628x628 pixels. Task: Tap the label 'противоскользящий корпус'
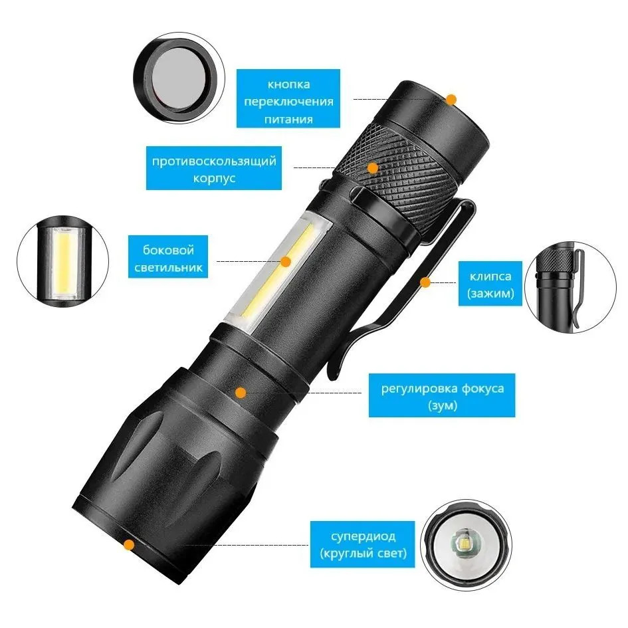(x=214, y=168)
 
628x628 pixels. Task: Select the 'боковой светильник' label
(x=168, y=257)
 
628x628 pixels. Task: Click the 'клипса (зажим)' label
(x=490, y=284)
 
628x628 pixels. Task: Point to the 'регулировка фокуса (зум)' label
(x=442, y=395)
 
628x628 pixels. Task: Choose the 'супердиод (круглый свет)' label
(x=362, y=544)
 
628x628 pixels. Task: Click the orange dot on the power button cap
(x=451, y=99)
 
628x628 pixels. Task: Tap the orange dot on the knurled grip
(x=373, y=168)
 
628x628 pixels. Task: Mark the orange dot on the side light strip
(x=286, y=262)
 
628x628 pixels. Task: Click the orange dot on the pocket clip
(x=425, y=282)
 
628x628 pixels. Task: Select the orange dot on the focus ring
(x=241, y=393)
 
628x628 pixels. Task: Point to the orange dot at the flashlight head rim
(x=128, y=545)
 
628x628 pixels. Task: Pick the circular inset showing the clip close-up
(x=570, y=287)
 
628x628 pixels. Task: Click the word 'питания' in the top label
(x=288, y=120)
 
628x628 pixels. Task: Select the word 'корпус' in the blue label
(x=214, y=178)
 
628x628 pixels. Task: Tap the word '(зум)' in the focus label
(x=443, y=405)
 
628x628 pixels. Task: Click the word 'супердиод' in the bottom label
(x=364, y=536)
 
